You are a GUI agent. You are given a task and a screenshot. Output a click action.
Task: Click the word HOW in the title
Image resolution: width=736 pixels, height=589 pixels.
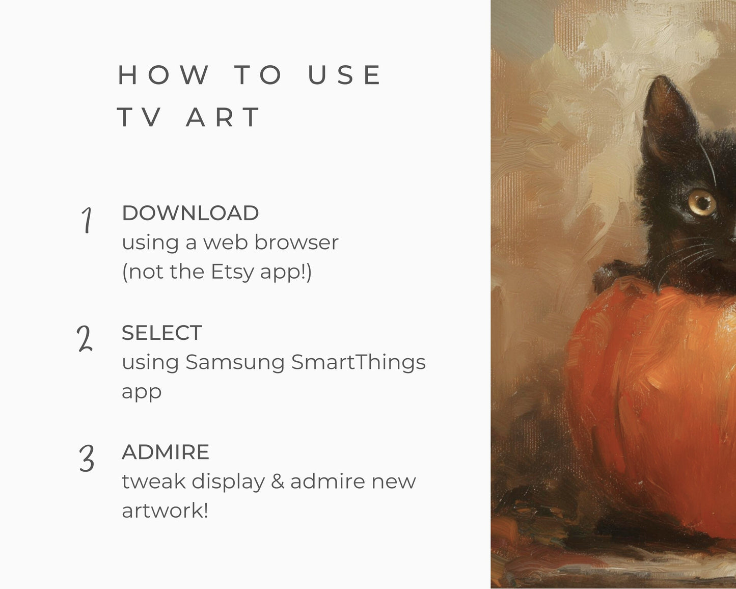pos(163,74)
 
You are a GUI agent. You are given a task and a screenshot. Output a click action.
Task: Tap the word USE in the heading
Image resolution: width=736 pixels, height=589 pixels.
pos(344,74)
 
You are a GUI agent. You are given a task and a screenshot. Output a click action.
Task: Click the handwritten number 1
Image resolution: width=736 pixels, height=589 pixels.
pos(87,220)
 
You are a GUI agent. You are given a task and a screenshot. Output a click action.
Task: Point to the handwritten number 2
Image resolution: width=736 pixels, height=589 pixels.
pos(85,338)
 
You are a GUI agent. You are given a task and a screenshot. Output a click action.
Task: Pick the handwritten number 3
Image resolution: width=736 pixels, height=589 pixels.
pos(87,458)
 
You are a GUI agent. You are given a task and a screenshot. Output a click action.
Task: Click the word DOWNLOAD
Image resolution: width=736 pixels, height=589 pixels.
pos(190,213)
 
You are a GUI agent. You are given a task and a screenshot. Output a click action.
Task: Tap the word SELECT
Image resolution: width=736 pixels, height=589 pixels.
pos(162,333)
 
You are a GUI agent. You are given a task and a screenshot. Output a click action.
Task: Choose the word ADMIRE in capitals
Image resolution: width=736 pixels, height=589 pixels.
pos(166,452)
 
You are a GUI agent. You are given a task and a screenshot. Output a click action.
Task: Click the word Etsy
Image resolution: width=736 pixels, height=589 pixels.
pos(232,273)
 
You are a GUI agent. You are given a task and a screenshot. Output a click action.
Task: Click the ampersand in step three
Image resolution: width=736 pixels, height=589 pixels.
pos(278,481)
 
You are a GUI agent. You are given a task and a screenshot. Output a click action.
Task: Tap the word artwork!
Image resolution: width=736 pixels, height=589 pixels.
pos(165,511)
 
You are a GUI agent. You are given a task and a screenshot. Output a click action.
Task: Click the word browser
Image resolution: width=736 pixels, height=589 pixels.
pos(296,243)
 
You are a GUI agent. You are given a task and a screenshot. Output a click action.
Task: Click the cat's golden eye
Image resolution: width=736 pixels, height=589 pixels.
pos(702,203)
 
